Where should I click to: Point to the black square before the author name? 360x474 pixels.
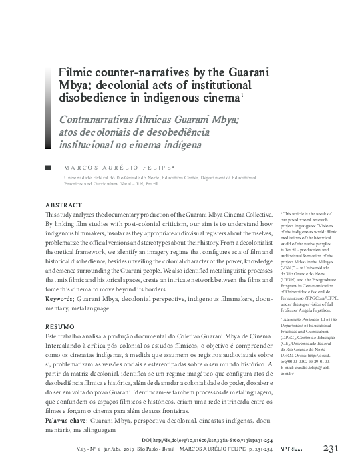click(x=47, y=166)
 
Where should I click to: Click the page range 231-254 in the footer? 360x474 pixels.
click(x=274, y=450)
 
